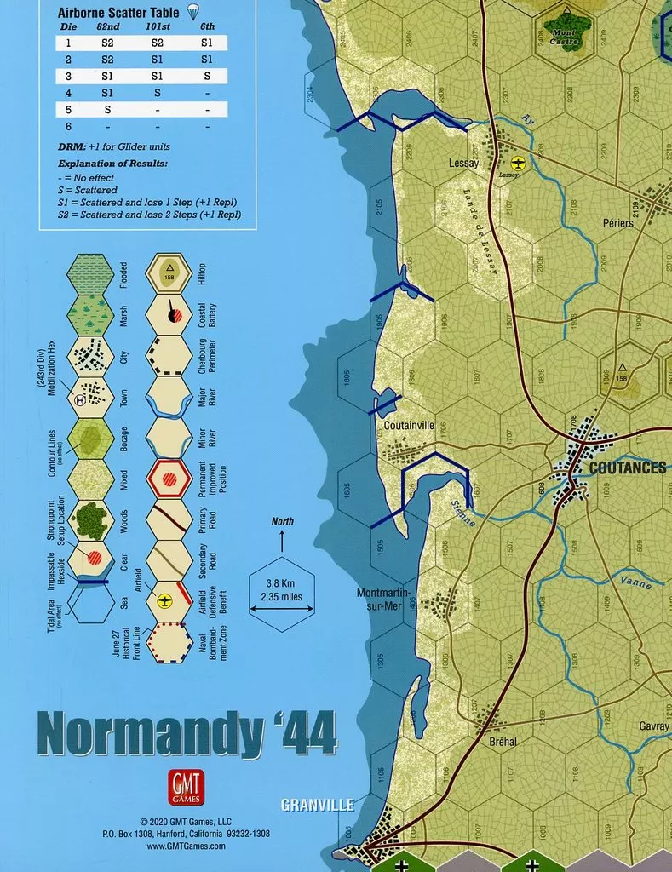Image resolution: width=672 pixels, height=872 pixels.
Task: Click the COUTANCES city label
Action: (x=627, y=468)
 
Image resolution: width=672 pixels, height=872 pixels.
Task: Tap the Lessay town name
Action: (x=463, y=163)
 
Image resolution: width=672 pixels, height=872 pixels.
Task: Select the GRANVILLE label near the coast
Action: (x=318, y=804)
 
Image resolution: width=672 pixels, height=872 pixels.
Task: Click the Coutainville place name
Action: (x=410, y=425)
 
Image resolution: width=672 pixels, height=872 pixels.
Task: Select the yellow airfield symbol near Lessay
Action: (x=517, y=163)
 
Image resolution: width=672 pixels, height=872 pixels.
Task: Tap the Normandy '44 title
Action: (x=187, y=730)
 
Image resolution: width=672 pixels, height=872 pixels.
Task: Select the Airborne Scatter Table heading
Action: (x=118, y=13)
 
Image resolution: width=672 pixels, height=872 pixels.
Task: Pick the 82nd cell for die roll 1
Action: (x=108, y=42)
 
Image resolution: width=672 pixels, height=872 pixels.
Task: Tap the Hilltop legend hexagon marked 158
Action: (x=169, y=273)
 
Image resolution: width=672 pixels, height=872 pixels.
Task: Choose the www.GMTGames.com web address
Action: (x=186, y=846)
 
